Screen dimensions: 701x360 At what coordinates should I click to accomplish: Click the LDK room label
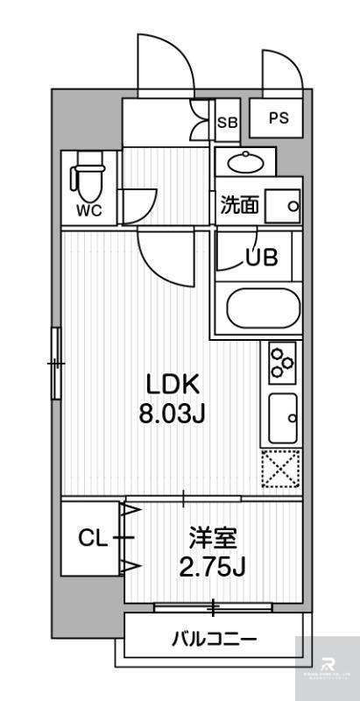point(173,384)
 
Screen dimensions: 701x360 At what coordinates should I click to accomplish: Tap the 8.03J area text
point(173,413)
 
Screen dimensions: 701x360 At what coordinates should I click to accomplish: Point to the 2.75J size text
point(212,567)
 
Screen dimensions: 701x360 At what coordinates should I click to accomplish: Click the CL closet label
point(92,538)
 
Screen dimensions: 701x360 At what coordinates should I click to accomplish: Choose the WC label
point(88,210)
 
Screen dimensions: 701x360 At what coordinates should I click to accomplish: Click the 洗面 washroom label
point(239,207)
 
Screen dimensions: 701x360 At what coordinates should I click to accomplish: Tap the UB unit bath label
point(261,258)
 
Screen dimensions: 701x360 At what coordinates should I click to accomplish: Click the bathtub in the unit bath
point(264,308)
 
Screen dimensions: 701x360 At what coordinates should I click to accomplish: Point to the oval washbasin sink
point(245,161)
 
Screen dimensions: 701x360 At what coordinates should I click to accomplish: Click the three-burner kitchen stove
point(282,361)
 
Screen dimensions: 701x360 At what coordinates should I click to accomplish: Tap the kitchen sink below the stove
point(282,419)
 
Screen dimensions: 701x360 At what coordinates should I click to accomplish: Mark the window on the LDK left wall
point(56,360)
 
